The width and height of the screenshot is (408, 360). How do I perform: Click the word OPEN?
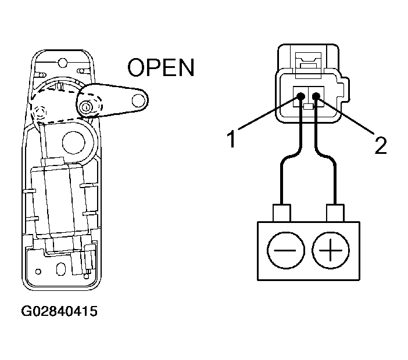click(161, 67)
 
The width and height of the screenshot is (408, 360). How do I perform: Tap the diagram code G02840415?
click(59, 311)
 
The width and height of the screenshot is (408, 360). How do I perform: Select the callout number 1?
click(231, 139)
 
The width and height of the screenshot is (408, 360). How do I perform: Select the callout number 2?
click(381, 145)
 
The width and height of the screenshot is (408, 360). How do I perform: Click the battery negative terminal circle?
click(286, 250)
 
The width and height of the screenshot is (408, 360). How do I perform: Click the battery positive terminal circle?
click(331, 251)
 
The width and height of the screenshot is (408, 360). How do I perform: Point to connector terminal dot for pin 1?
click(300, 97)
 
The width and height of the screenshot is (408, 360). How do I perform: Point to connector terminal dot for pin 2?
click(316, 97)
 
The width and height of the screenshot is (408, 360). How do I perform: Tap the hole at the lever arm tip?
click(138, 100)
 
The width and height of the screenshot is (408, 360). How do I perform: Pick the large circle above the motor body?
click(74, 142)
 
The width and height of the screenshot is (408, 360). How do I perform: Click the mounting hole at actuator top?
click(62, 63)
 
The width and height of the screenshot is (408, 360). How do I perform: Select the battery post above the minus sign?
click(282, 213)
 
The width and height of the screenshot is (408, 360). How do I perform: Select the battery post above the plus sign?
click(335, 213)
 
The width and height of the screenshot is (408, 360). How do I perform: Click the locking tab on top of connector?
click(309, 64)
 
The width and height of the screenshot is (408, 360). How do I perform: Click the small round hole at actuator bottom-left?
click(38, 272)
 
